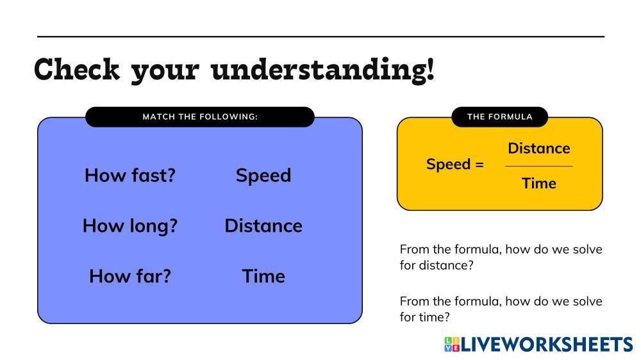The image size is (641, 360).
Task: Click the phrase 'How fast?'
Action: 130,176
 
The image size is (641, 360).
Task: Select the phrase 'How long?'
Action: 130,226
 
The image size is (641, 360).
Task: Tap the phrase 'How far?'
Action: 130,276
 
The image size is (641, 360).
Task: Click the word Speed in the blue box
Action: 263,176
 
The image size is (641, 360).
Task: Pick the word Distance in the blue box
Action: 263,226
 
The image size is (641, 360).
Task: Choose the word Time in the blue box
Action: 263,276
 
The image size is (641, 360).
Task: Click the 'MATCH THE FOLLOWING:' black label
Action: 200,117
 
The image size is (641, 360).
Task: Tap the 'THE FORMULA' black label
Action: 499,117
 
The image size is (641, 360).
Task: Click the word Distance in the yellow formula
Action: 539,149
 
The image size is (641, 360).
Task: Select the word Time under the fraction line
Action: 539,183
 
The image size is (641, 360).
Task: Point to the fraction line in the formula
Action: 539,167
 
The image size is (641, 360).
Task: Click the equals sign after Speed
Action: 479,165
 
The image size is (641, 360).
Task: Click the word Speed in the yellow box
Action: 449,165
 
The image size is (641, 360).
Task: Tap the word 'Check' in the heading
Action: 77,69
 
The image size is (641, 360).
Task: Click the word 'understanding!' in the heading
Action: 322,70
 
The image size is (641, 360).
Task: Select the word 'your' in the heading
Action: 165,73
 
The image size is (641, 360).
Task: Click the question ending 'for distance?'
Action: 501,258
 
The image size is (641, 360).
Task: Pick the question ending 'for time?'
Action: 501,309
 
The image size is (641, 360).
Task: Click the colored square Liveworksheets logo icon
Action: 452,344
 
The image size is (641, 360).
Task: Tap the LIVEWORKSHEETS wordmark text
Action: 547,345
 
